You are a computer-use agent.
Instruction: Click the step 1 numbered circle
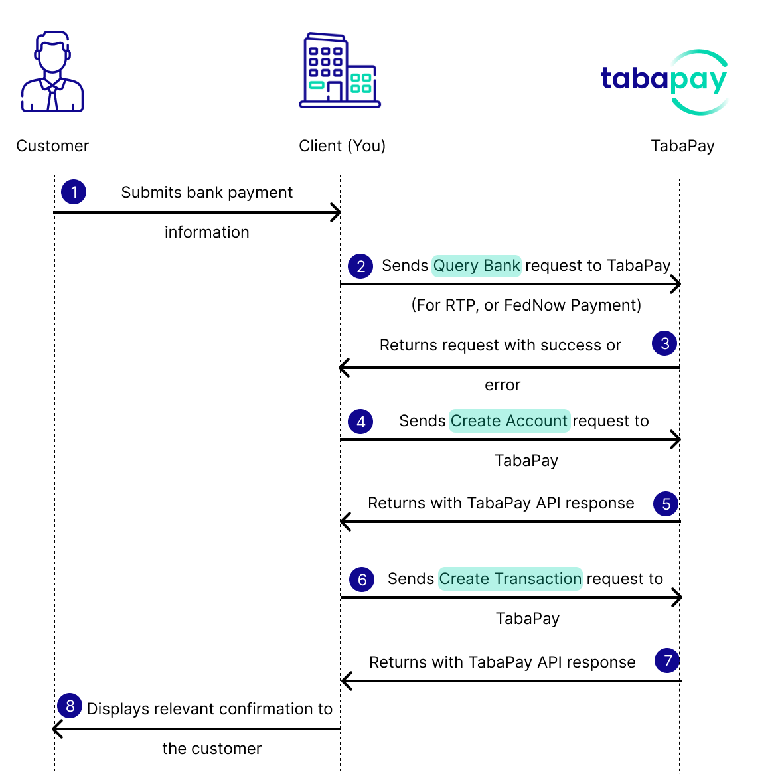tap(74, 192)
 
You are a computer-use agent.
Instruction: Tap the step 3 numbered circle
tap(665, 343)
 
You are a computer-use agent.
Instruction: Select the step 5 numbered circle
tap(666, 504)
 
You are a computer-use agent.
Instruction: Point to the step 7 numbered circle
tap(667, 660)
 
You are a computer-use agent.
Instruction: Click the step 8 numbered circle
tap(70, 706)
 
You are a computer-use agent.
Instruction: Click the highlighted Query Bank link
tap(477, 266)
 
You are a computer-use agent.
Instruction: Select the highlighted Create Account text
tap(509, 421)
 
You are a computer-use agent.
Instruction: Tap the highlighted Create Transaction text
tap(510, 579)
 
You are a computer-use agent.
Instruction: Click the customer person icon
tap(52, 72)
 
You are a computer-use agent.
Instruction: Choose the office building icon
tap(340, 70)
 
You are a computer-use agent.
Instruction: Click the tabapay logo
tap(665, 82)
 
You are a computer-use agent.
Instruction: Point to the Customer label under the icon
tap(52, 146)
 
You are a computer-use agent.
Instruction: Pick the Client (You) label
tap(343, 146)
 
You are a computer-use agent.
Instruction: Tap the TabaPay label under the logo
tap(682, 146)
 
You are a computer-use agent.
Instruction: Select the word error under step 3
tap(503, 385)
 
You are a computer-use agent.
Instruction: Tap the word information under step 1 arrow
tap(207, 232)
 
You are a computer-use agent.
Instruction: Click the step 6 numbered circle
tap(362, 580)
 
